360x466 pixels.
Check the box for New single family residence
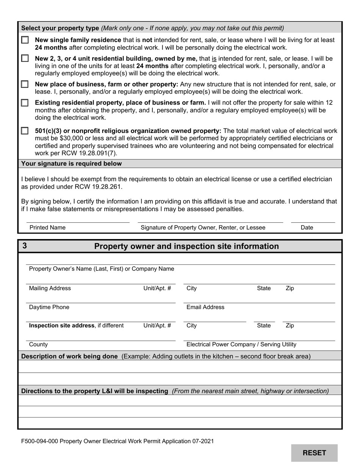[x=25, y=40]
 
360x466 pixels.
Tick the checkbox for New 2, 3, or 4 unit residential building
[x=25, y=58]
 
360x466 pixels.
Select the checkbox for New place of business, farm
[x=25, y=84]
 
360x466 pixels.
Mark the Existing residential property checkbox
[x=25, y=103]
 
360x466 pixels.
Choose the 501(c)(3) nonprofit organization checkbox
[x=25, y=131]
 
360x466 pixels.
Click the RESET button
[x=314, y=453]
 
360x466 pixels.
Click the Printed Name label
[x=47, y=227]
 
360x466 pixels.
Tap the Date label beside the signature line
[x=307, y=227]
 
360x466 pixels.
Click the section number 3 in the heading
[x=25, y=246]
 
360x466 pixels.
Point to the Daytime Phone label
[x=49, y=307]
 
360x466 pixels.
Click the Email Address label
[x=205, y=307]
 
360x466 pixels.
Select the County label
[x=38, y=344]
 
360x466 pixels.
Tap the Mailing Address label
[x=50, y=288]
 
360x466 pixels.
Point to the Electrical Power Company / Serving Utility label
[x=241, y=344]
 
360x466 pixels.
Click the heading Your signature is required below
[x=72, y=164]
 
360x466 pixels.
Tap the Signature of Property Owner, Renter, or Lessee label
[x=203, y=227]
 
